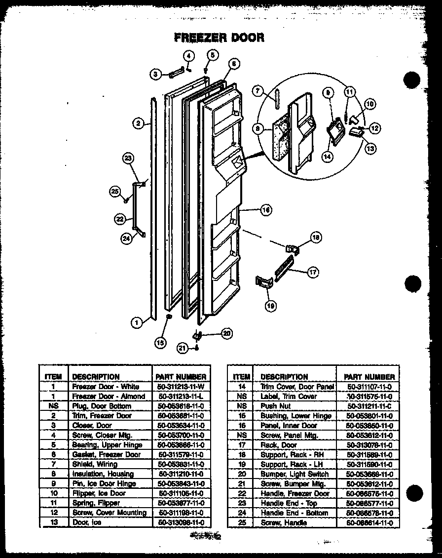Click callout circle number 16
click(266, 210)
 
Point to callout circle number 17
click(313, 272)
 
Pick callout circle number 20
click(226, 333)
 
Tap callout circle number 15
click(159, 342)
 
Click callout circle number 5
click(212, 55)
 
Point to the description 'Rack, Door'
click(278, 445)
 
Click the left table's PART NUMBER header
click(180, 376)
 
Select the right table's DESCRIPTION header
click(284, 376)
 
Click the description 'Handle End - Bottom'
click(294, 513)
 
